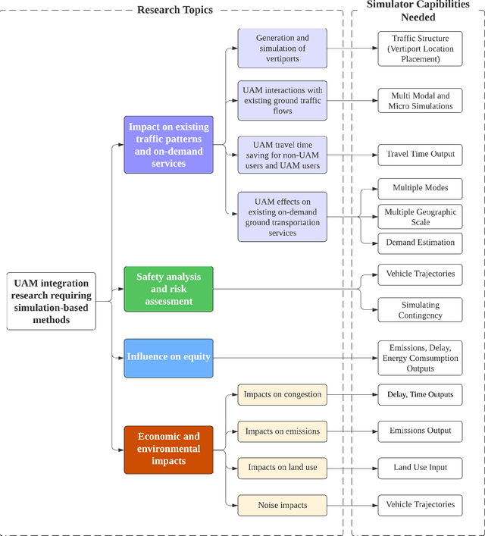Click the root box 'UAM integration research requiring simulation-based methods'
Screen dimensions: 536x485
(x=52, y=301)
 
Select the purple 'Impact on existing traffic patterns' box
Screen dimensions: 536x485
(x=168, y=145)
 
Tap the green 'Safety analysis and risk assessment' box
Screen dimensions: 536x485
(x=168, y=289)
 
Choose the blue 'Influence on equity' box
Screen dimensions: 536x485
(x=168, y=357)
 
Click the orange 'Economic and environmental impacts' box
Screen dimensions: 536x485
(x=168, y=450)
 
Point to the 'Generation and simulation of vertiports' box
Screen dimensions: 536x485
(x=282, y=47)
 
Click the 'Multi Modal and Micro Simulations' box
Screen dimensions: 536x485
(x=420, y=101)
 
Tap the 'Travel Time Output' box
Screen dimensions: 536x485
(x=420, y=155)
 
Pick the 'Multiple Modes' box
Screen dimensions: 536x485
(x=420, y=187)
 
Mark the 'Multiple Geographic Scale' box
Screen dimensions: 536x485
(x=420, y=217)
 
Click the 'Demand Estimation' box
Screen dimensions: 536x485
(x=420, y=243)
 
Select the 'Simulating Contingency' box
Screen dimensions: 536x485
(x=420, y=310)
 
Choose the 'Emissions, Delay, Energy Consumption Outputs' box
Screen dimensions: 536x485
(x=420, y=357)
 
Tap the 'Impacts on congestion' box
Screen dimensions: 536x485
(x=282, y=394)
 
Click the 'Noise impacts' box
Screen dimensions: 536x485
(x=282, y=504)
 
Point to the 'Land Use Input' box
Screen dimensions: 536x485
(x=420, y=468)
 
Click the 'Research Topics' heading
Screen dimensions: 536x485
(x=174, y=10)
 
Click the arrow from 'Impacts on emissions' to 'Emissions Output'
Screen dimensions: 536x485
(x=352, y=431)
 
